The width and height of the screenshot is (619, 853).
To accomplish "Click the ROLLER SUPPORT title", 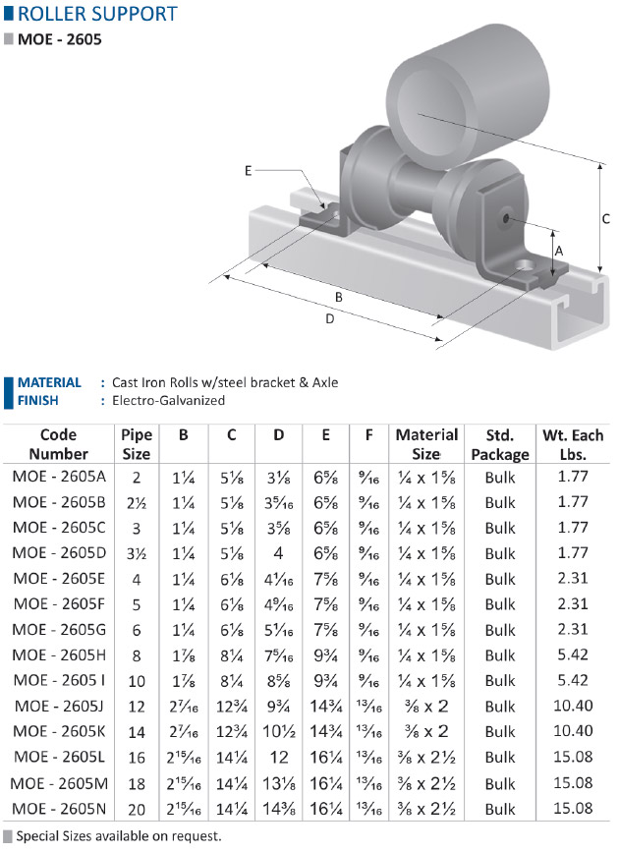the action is coord(97,14).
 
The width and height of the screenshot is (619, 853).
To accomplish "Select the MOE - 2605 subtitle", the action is coord(59,39).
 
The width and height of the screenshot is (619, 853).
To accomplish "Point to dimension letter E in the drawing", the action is coord(248,171).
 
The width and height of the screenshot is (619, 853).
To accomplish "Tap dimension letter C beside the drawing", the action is coord(606,219).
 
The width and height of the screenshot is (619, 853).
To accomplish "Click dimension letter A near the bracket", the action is coord(559,251).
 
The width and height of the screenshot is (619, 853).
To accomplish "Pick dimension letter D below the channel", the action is coord(329,318).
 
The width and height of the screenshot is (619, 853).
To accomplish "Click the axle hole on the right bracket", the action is coord(506,219).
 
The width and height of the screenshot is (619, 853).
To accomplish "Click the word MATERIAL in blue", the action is coord(49,382).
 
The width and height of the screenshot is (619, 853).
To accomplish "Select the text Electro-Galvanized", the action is coord(169,400).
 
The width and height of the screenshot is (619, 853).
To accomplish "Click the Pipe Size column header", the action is coord(136,444).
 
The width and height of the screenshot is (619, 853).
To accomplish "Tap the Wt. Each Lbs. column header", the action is coord(573,444).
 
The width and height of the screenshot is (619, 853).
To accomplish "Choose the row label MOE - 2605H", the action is coord(59,654).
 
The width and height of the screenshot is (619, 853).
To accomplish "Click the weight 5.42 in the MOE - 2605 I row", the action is coord(573,681).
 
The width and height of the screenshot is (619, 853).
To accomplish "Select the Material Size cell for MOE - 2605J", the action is coord(427,707).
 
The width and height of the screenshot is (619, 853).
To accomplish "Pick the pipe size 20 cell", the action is coord(137,810).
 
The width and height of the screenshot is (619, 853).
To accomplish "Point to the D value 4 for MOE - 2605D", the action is coord(278,553).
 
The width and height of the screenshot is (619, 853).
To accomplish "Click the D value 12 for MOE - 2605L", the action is coord(279,758).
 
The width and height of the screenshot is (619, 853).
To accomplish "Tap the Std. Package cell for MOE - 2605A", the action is coord(500,477).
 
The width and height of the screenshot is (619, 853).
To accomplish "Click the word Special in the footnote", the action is coord(36,836).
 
